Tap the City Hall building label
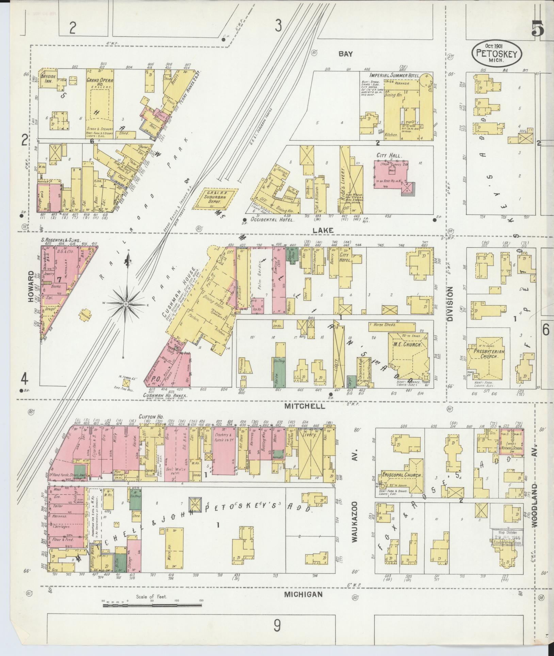coord(389,156)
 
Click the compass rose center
coord(126,303)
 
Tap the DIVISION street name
coord(451,304)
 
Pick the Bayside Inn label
coord(48,79)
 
